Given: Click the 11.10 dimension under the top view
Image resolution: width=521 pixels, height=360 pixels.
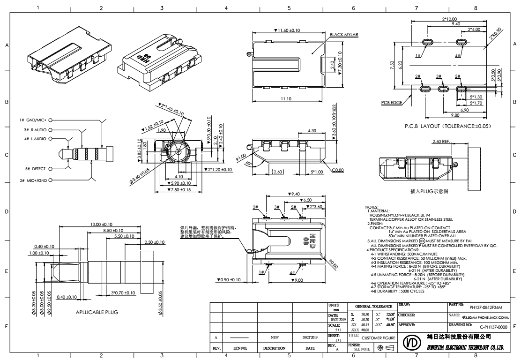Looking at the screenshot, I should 287,99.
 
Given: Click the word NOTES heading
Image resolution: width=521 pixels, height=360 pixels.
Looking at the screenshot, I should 372,207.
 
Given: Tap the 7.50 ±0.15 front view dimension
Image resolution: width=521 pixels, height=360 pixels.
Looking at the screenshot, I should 179,189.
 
